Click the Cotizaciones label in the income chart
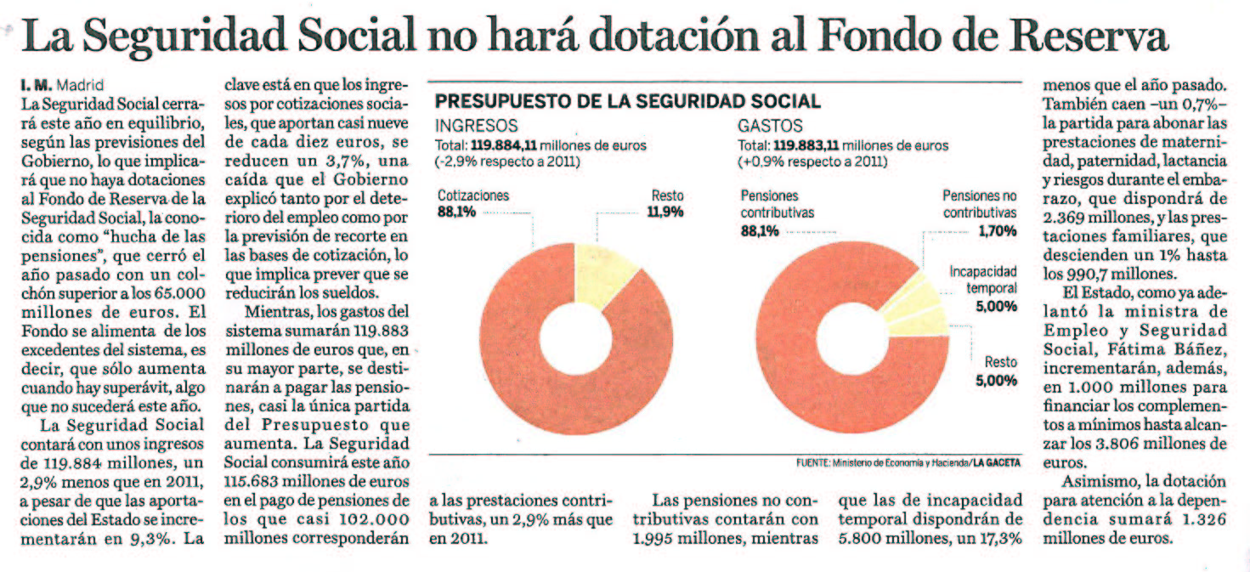(473, 195)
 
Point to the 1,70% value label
(998, 230)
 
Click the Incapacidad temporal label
(983, 280)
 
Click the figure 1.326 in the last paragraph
(1202, 519)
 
